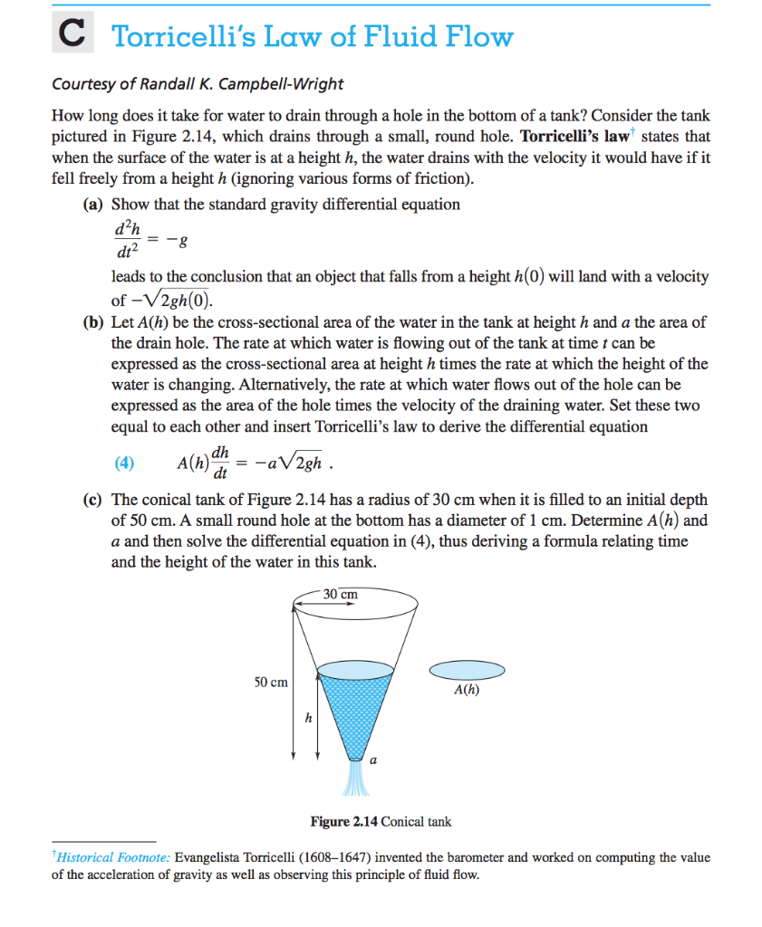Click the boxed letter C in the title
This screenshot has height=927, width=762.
(71, 36)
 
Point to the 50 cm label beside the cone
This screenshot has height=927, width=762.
(272, 682)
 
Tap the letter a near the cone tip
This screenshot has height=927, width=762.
(373, 760)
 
